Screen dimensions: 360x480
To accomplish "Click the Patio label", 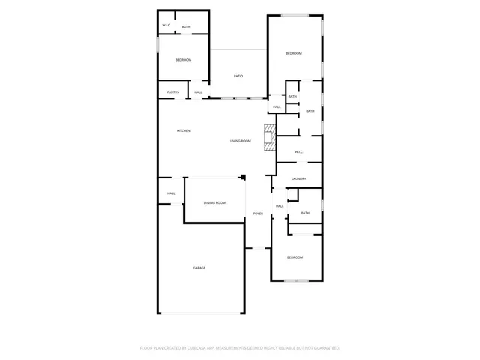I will pyautogui.click(x=238, y=76).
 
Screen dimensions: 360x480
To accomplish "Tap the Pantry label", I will pyautogui.click(x=172, y=92).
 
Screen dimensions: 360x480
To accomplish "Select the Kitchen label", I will pyautogui.click(x=184, y=130).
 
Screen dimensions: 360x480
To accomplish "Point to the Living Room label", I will pyautogui.click(x=240, y=141).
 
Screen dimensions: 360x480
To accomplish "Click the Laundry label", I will pyautogui.click(x=299, y=178).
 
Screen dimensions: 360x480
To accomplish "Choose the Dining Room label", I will pyautogui.click(x=215, y=202).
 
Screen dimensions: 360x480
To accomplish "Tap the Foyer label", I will pyautogui.click(x=258, y=214).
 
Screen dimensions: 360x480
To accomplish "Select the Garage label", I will pyautogui.click(x=199, y=268).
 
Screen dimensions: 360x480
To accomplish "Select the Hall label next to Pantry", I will pyautogui.click(x=199, y=92).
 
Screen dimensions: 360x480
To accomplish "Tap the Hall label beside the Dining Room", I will pyautogui.click(x=171, y=193).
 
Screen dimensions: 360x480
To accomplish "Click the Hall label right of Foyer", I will pyautogui.click(x=280, y=206).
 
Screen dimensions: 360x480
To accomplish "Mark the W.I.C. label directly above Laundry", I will pyautogui.click(x=298, y=152).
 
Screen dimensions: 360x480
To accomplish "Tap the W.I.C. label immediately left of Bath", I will pyautogui.click(x=166, y=26).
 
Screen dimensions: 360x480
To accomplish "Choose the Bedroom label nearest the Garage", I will pyautogui.click(x=295, y=257).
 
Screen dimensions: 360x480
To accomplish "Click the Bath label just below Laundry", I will pyautogui.click(x=305, y=213).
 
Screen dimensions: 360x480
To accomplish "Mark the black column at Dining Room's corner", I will pyautogui.click(x=243, y=178).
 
